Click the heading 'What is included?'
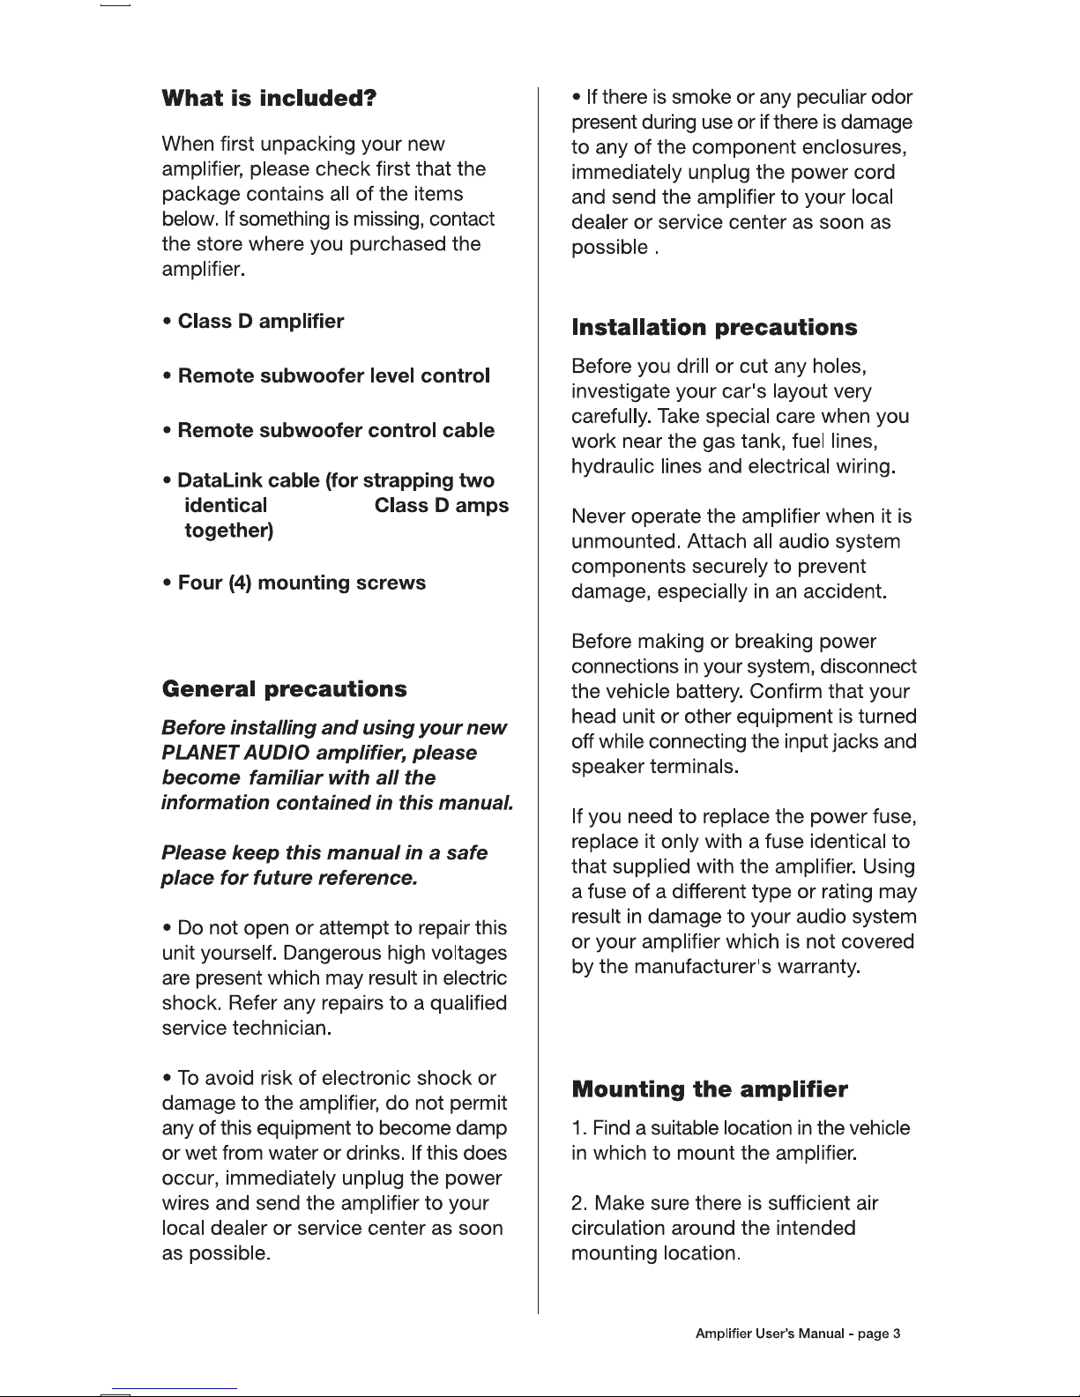(270, 98)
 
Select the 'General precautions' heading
(285, 688)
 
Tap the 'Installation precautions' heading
(714, 328)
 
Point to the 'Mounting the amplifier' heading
(710, 1089)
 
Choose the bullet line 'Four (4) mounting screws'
(302, 583)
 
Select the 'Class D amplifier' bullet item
(260, 321)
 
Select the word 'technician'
(280, 1028)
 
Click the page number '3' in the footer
(896, 1334)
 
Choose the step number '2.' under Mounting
(580, 1203)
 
